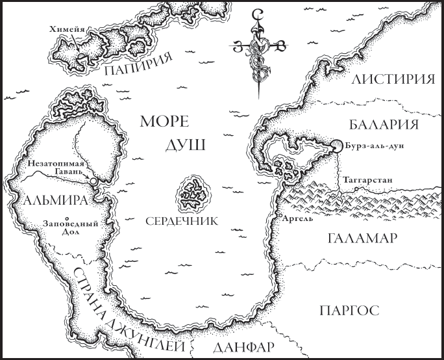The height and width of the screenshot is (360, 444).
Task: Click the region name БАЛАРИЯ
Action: point(383,124)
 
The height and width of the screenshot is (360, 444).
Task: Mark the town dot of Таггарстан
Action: point(356,189)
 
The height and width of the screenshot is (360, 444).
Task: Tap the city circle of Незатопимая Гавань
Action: point(94,180)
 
